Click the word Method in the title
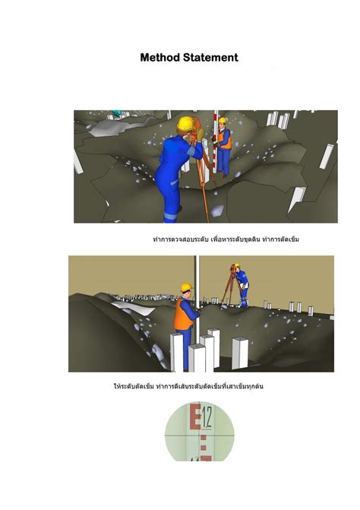pyautogui.click(x=160, y=58)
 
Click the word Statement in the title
pyautogui.click(x=209, y=58)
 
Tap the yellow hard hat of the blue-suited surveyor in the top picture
pyautogui.click(x=184, y=123)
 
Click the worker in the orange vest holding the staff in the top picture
pyautogui.click(x=223, y=148)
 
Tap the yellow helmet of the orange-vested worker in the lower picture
pyautogui.click(x=185, y=288)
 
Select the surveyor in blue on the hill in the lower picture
pyautogui.click(x=240, y=285)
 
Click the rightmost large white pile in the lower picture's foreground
pyautogui.click(x=240, y=351)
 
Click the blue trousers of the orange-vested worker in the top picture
pyautogui.click(x=223, y=169)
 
